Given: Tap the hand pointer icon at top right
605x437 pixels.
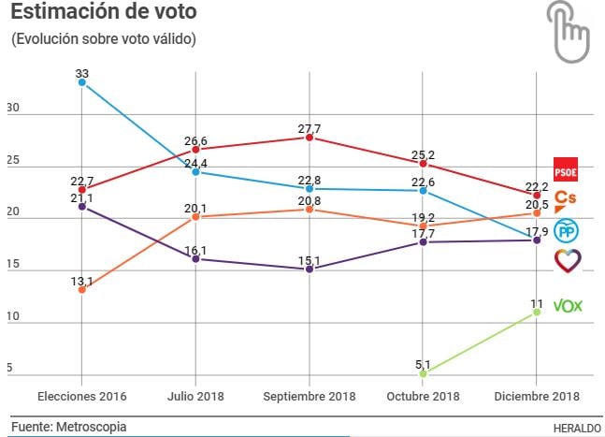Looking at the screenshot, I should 569,30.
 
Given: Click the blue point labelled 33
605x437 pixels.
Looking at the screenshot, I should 82,82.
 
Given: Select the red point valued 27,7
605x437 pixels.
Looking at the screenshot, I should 310,138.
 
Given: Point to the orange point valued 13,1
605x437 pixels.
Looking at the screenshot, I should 82,289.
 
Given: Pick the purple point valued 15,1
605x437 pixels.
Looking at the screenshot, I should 310,269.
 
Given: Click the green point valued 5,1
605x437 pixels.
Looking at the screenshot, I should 423,372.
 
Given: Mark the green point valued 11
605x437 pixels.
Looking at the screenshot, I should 537,312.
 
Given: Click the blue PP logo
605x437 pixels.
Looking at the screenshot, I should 567,230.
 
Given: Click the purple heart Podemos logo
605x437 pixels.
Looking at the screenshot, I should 568,260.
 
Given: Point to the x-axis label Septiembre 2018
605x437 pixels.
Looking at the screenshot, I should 310,397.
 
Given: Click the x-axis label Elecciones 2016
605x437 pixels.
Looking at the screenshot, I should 82,397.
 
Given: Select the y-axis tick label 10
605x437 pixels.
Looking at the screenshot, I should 13,317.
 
